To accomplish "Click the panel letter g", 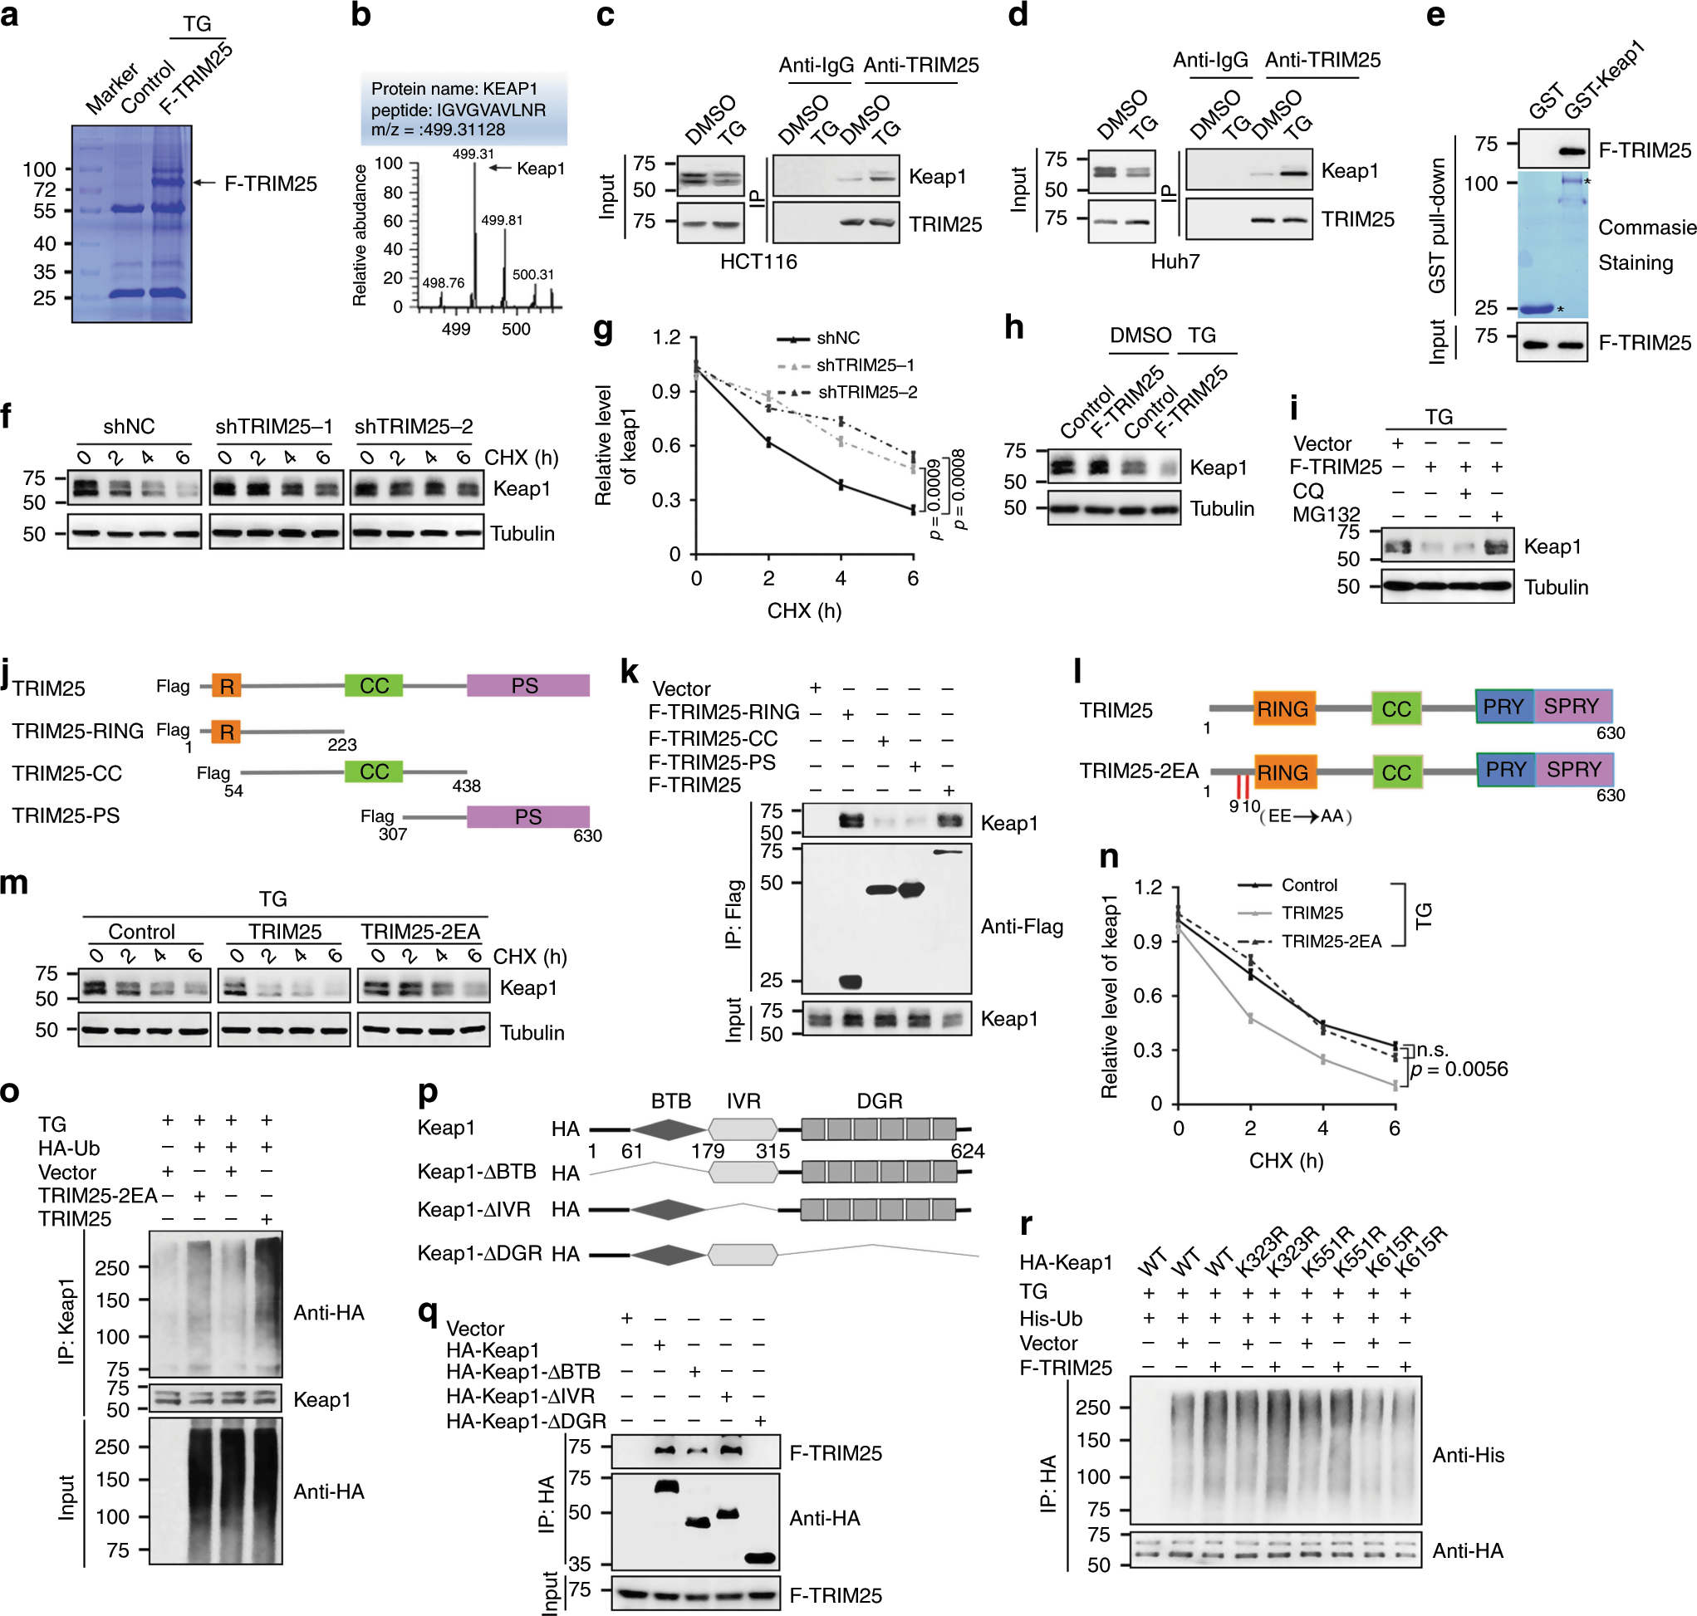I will click(604, 331).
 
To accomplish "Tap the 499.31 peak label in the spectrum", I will click(473, 154).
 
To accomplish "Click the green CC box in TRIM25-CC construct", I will click(374, 771).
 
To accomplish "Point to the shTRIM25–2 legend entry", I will click(865, 392).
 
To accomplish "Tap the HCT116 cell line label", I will click(758, 261).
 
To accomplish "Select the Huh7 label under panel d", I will click(1175, 261).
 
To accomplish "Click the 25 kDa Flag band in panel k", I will click(850, 982).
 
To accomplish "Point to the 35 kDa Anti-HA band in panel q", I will click(759, 1557).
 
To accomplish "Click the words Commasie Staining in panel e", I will click(1646, 245).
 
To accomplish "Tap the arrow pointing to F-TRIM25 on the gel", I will click(204, 183).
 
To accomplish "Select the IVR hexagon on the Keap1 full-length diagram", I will click(743, 1129).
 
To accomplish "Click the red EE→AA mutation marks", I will click(1242, 787).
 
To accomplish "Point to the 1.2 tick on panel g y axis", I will click(666, 337).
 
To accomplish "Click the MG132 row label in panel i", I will click(1325, 514).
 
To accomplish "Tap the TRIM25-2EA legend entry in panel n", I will click(1330, 942).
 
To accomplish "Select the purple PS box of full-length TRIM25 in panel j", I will click(527, 686).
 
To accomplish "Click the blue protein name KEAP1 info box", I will click(463, 109).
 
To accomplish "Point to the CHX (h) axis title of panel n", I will click(1285, 1160).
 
